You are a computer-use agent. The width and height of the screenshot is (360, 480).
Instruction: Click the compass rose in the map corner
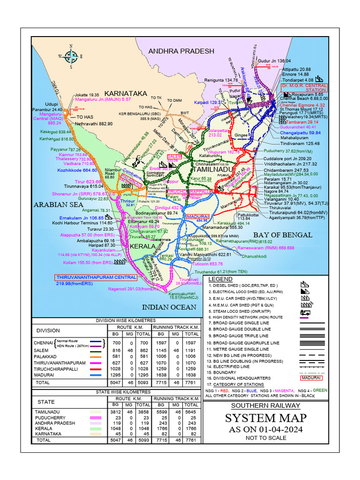pyautogui.click(x=71, y=56)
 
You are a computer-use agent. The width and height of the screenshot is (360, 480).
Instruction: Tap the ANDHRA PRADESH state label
pyautogui.click(x=181, y=51)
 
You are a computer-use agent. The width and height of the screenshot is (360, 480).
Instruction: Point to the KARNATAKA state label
pyautogui.click(x=126, y=93)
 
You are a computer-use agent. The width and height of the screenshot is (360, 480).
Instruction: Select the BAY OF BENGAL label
pyautogui.click(x=282, y=234)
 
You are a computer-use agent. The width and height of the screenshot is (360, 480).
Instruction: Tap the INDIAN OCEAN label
pyautogui.click(x=169, y=307)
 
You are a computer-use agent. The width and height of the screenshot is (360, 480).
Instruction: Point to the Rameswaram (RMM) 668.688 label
pyautogui.click(x=266, y=248)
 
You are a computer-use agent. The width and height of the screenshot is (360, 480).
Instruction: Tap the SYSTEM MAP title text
pyautogui.click(x=265, y=418)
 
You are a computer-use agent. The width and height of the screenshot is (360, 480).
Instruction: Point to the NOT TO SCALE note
pyautogui.click(x=265, y=438)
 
